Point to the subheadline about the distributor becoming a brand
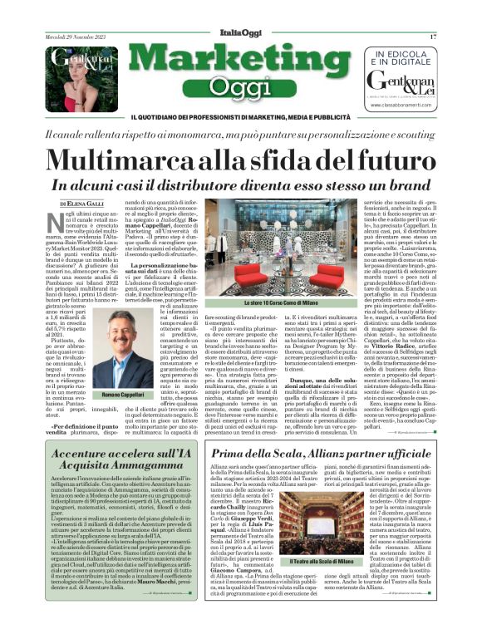pyautogui.click(x=240, y=185)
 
